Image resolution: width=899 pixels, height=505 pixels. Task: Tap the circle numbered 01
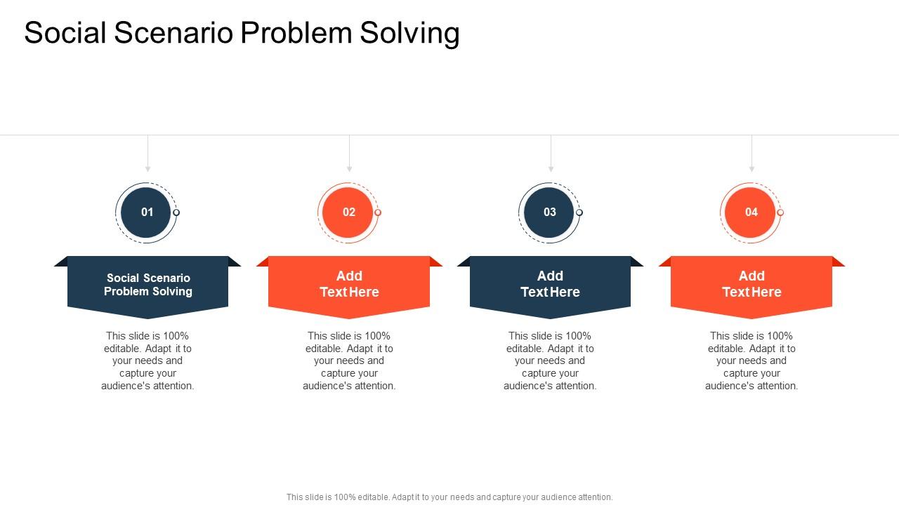point(147,212)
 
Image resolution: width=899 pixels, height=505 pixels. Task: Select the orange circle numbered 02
point(348,212)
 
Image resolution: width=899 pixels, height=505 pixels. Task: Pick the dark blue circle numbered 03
point(550,212)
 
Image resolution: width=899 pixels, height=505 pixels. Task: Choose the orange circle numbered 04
point(751,212)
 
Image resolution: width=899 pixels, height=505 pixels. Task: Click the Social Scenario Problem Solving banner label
point(148,285)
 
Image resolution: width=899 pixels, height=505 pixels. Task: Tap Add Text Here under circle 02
point(349,284)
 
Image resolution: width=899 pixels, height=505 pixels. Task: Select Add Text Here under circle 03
point(550,284)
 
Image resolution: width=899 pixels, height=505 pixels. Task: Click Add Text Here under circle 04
point(752,284)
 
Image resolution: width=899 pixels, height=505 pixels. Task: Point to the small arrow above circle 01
point(147,167)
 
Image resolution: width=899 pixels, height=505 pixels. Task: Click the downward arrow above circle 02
point(349,167)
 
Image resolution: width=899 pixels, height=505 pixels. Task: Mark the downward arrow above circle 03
point(551,167)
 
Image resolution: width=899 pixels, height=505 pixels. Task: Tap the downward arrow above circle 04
point(752,167)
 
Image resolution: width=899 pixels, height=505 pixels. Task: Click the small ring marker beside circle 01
point(176,213)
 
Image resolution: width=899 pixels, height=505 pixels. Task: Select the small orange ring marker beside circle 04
point(780,213)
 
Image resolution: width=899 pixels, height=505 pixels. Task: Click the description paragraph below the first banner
point(147,361)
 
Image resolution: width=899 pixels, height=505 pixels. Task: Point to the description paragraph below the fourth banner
point(752,361)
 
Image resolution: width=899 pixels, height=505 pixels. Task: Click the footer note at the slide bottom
point(449,497)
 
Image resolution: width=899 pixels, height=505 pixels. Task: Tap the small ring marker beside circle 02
point(378,213)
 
